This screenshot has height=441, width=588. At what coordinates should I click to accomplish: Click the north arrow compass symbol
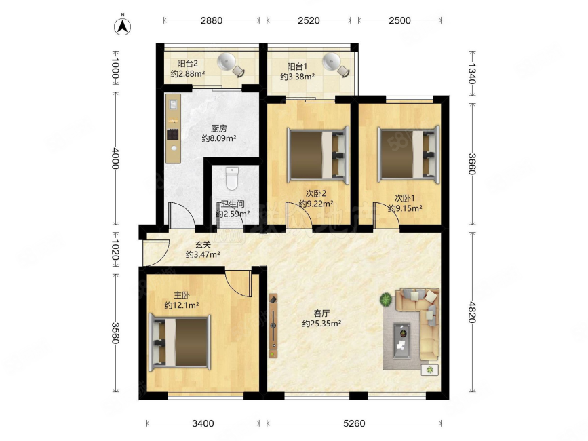tap(122, 25)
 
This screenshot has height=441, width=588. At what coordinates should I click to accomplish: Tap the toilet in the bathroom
tap(232, 178)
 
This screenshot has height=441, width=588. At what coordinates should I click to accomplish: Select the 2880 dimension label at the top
tap(212, 20)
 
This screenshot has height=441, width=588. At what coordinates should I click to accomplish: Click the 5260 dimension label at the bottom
tap(354, 423)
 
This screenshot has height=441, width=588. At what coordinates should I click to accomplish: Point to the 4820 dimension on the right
tap(472, 312)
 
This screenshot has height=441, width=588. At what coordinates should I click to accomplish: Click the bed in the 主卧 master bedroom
tap(180, 343)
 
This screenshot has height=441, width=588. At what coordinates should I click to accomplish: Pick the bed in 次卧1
tap(409, 155)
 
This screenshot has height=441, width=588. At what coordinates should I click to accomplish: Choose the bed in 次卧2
tap(318, 155)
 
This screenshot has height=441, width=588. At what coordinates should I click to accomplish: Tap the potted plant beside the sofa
tap(385, 299)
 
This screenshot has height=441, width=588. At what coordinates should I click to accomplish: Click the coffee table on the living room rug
tap(401, 341)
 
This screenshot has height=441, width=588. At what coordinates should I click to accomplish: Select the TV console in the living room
tap(273, 326)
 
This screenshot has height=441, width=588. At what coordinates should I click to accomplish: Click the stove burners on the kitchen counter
tap(173, 134)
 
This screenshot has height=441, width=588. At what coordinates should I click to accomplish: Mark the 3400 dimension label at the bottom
tap(203, 423)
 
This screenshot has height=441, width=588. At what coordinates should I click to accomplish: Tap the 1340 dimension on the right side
tap(472, 74)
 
